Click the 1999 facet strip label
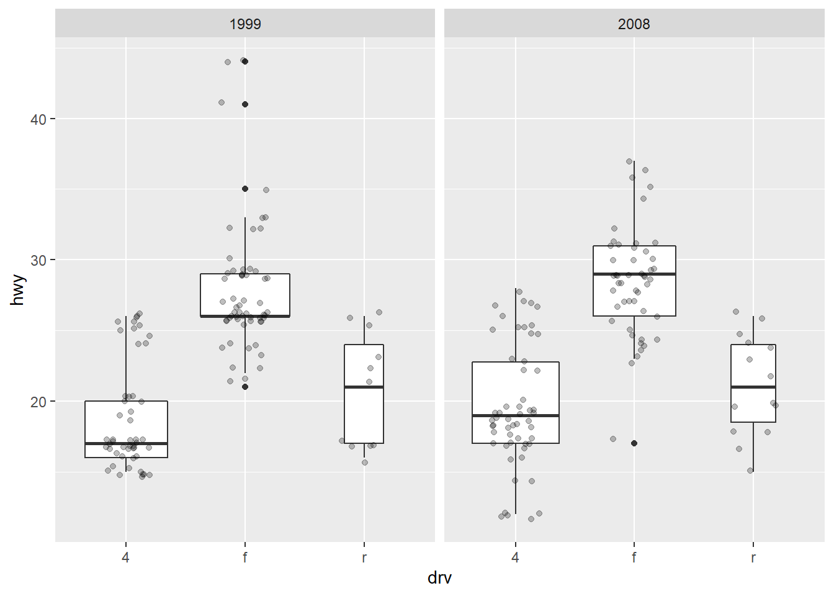click(x=245, y=24)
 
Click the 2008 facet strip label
click(x=634, y=24)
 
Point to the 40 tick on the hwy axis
click(x=38, y=119)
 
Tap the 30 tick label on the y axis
click(x=38, y=260)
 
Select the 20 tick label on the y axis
click(x=38, y=402)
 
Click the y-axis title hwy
click(x=18, y=290)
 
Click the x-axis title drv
click(x=439, y=578)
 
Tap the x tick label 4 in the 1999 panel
click(x=126, y=558)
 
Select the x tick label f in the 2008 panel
click(x=634, y=558)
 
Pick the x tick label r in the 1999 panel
click(x=364, y=558)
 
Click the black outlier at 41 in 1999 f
click(x=245, y=104)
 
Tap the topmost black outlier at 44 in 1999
click(x=245, y=61)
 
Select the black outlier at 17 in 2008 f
click(x=634, y=443)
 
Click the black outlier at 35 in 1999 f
click(x=245, y=189)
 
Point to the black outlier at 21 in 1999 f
click(x=245, y=387)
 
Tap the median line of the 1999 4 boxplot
click(x=149, y=443)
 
